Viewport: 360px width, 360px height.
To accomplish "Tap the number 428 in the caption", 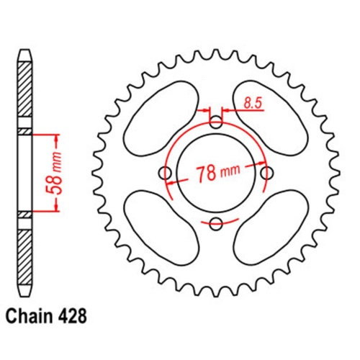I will [76, 336].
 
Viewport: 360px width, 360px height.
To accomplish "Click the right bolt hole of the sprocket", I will [268, 173].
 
